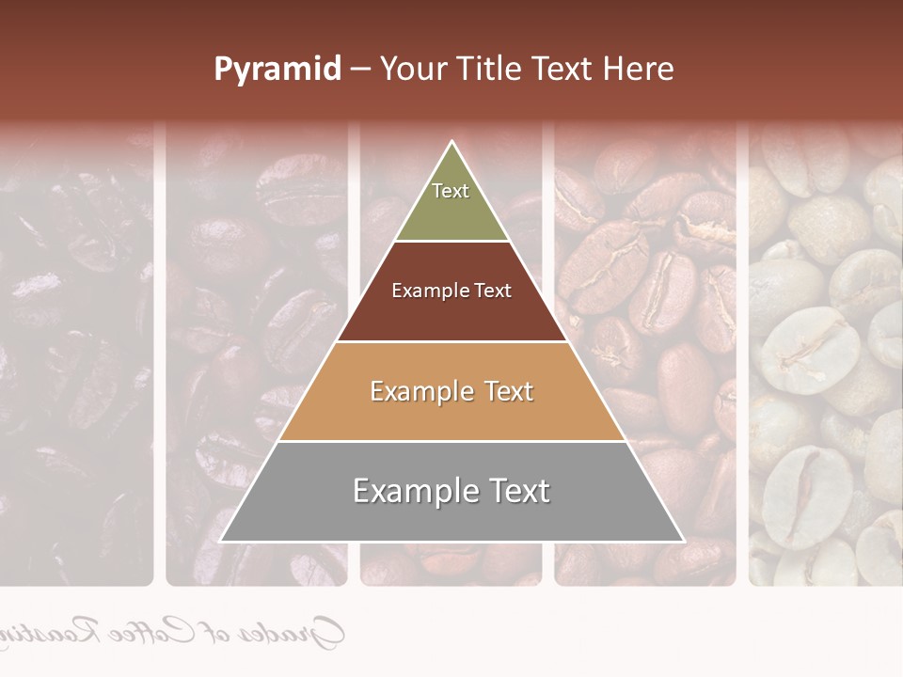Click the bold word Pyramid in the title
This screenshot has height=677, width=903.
[277, 70]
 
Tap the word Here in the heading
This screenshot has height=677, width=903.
[640, 70]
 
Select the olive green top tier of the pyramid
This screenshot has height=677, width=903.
[451, 202]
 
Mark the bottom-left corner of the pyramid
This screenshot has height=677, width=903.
[221, 541]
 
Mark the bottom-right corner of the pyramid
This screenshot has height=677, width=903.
[683, 541]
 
